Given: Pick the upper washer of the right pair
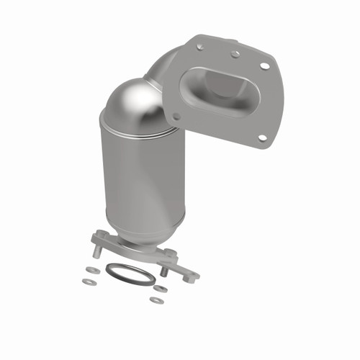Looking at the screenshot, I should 161,289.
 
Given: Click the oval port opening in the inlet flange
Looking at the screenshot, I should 222,90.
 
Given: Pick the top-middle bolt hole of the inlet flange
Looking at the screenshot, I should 235,53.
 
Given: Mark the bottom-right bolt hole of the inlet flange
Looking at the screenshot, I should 262,137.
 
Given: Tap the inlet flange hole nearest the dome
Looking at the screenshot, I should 175,114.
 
